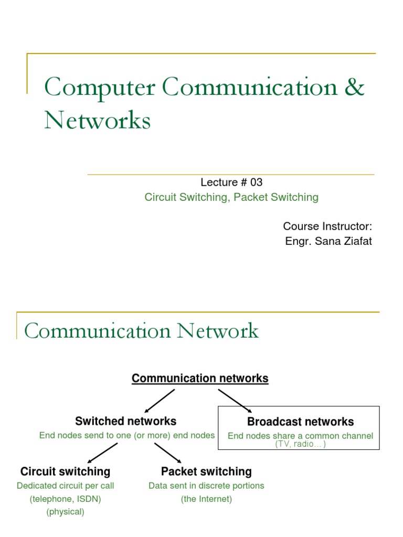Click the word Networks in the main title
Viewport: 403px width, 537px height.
98,120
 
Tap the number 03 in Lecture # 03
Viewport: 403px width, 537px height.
256,182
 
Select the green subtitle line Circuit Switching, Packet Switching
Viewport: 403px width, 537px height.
231,197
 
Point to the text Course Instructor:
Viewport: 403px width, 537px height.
327,226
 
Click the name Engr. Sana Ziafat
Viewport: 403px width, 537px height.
328,242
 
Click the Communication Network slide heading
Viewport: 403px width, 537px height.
142,331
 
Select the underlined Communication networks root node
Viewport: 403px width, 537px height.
200,378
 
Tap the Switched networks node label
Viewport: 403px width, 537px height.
126,421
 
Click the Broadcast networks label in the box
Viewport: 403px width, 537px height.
300,422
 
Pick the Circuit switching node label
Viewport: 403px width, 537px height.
65,471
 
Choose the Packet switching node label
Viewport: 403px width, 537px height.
206,471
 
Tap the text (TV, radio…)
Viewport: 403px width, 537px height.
300,444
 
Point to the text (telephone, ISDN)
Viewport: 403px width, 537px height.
65,499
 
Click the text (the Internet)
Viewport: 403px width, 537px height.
206,499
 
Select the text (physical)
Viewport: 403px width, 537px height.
65,512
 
